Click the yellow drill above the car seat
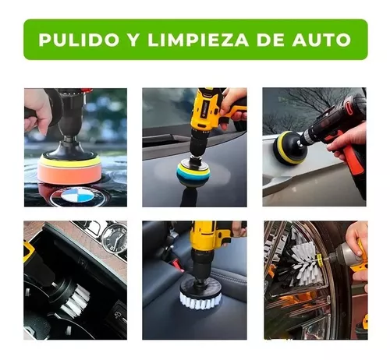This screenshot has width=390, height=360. (x=209, y=238)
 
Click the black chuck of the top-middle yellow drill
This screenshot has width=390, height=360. (x=195, y=144)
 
